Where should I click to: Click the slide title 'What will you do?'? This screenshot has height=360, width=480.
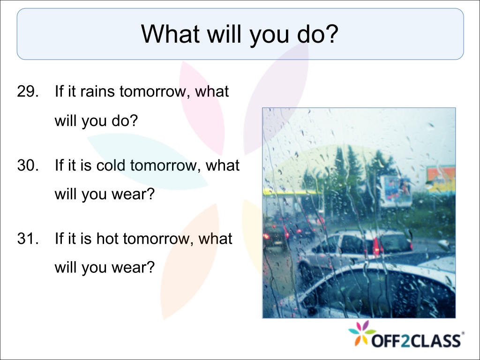(240, 34)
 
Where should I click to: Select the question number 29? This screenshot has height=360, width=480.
(28, 91)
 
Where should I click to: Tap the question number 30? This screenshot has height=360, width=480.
(28, 165)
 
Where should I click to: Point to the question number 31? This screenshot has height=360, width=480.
(28, 239)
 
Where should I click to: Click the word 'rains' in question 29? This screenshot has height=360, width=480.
(97, 91)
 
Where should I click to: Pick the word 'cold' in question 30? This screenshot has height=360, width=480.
(111, 165)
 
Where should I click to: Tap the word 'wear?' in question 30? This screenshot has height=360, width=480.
(133, 194)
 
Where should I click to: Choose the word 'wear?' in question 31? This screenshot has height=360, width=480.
(133, 268)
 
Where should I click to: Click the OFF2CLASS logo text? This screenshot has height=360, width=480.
(417, 341)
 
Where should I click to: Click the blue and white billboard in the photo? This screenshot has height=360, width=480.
(396, 191)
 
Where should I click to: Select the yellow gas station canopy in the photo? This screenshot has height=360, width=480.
(291, 192)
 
